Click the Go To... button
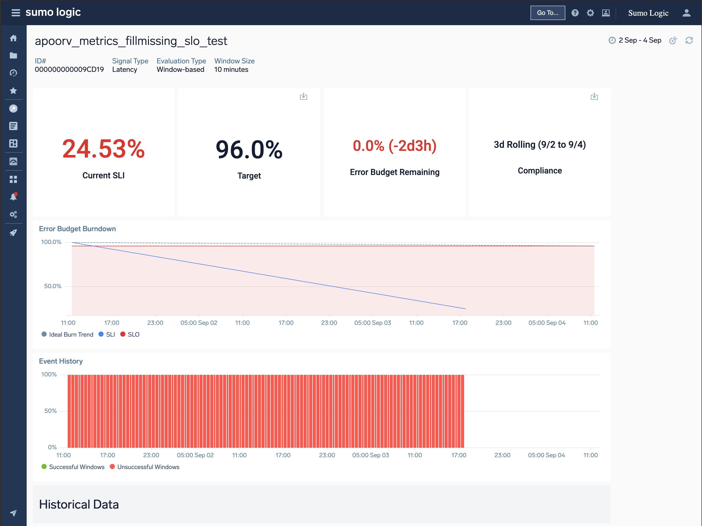click(547, 13)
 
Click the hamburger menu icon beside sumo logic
click(16, 13)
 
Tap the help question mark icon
click(575, 13)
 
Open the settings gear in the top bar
click(590, 13)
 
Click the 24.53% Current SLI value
click(104, 149)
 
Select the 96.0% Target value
click(249, 150)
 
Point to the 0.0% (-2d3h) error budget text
click(395, 146)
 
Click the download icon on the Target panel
click(303, 96)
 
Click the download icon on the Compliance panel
click(594, 96)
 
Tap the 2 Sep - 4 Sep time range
click(639, 40)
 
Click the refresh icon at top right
click(689, 40)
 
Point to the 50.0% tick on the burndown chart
click(53, 286)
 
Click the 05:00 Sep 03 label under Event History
click(370, 455)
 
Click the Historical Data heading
click(79, 504)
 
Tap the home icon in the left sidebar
click(13, 38)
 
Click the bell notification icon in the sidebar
click(13, 197)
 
